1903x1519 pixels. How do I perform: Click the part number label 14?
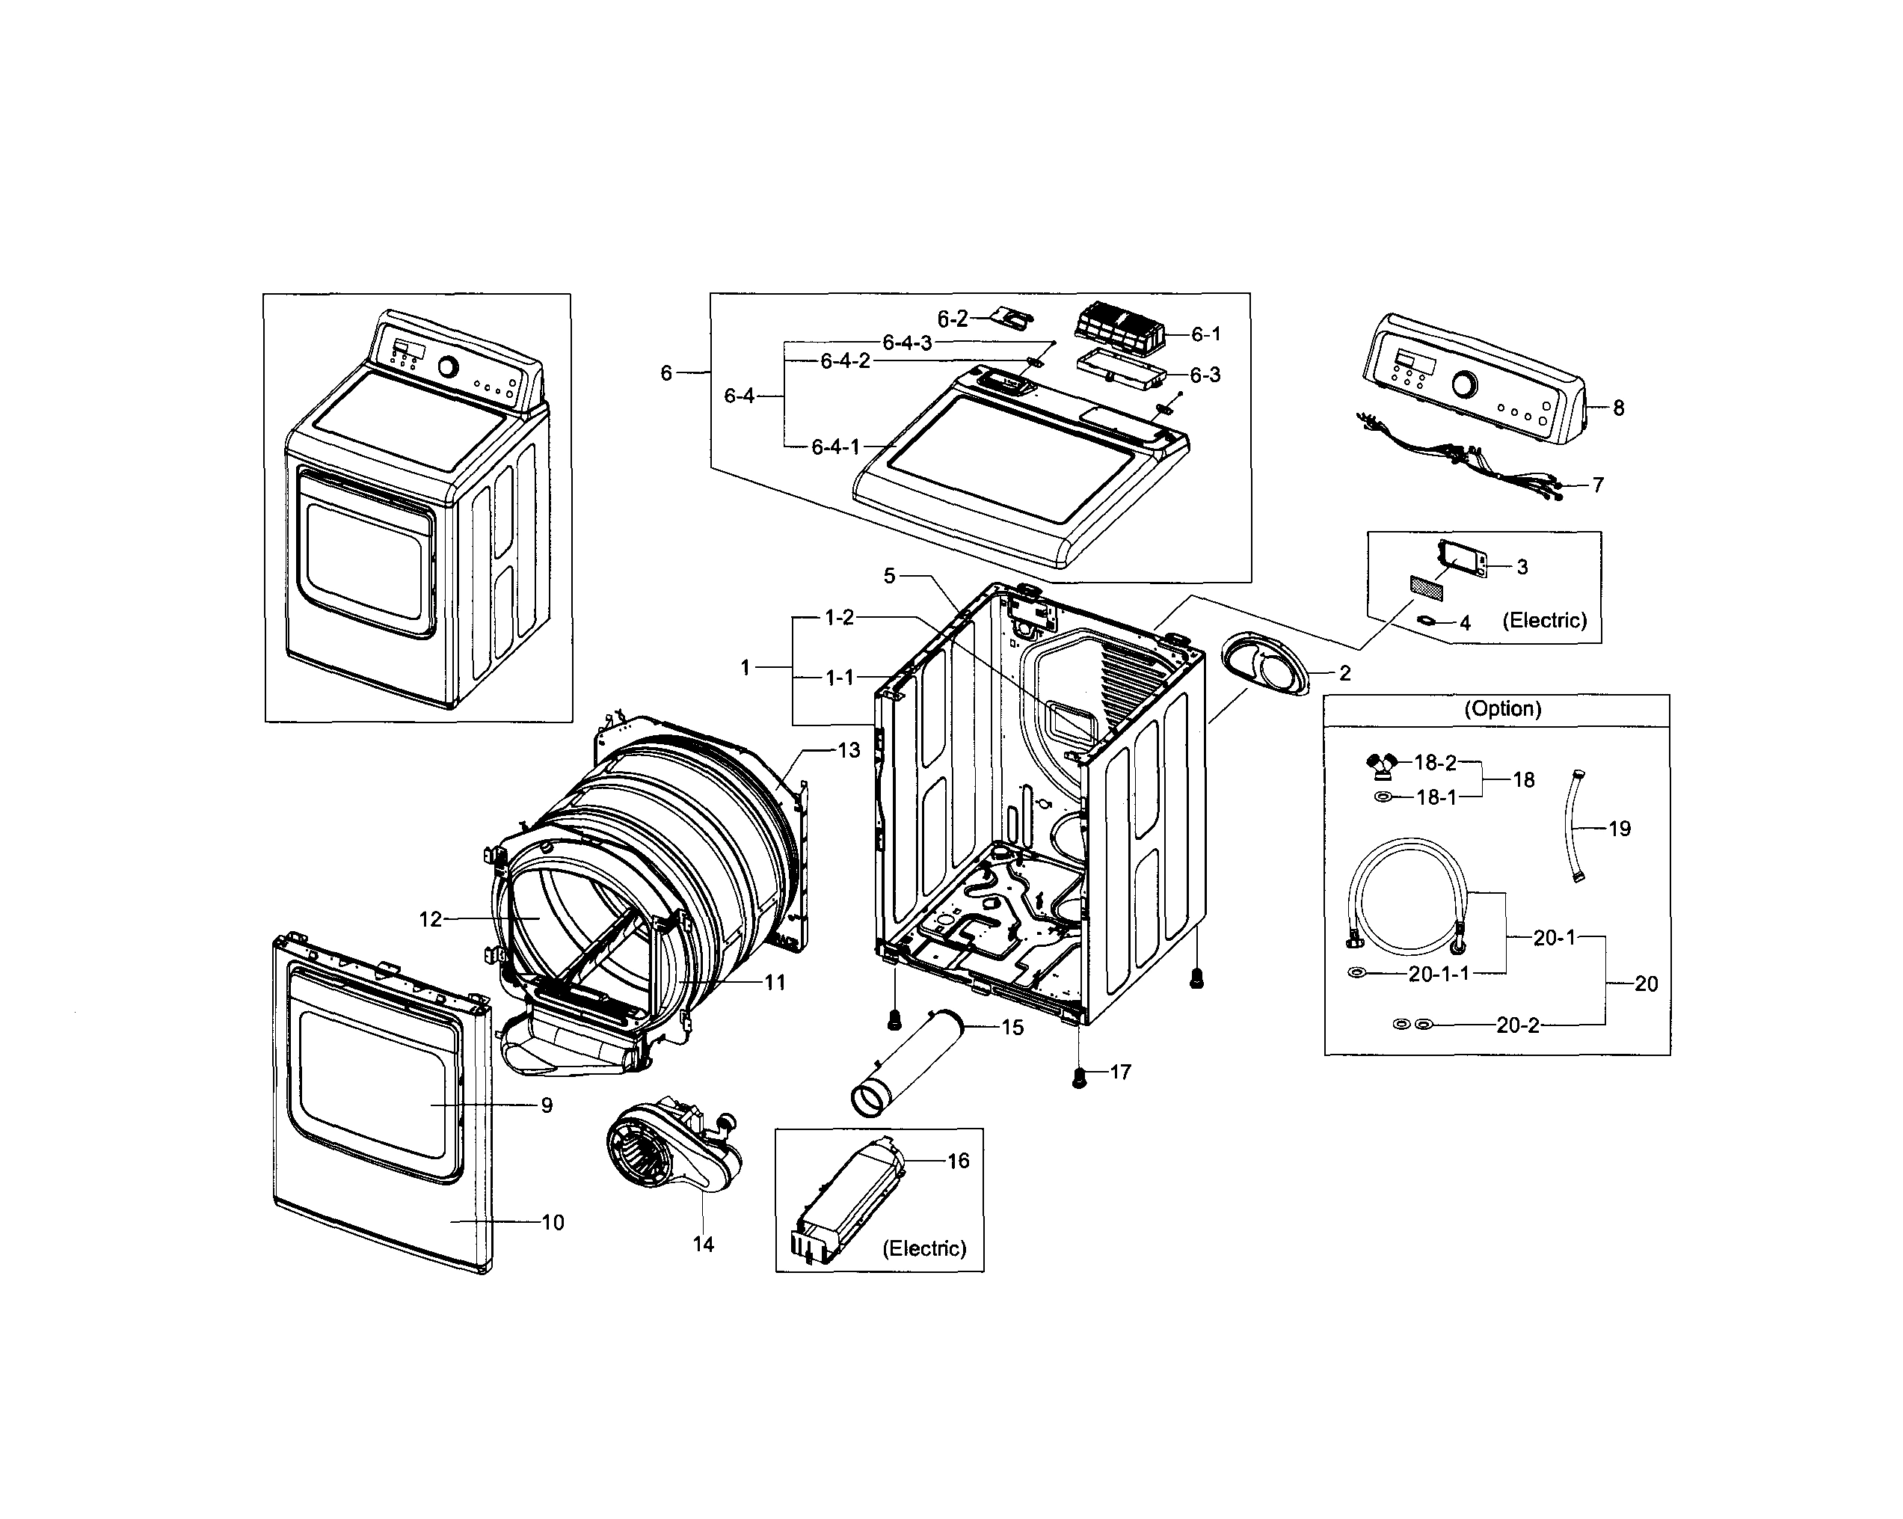coord(703,1245)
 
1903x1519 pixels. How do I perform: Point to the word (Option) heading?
coord(1502,709)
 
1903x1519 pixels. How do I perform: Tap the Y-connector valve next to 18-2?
coord(1380,766)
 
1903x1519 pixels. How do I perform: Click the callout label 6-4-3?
coord(906,343)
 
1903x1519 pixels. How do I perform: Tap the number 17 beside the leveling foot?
coord(1120,1072)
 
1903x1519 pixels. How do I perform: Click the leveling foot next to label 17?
coord(1078,1078)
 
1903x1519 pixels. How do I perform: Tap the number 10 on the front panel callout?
coord(553,1222)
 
